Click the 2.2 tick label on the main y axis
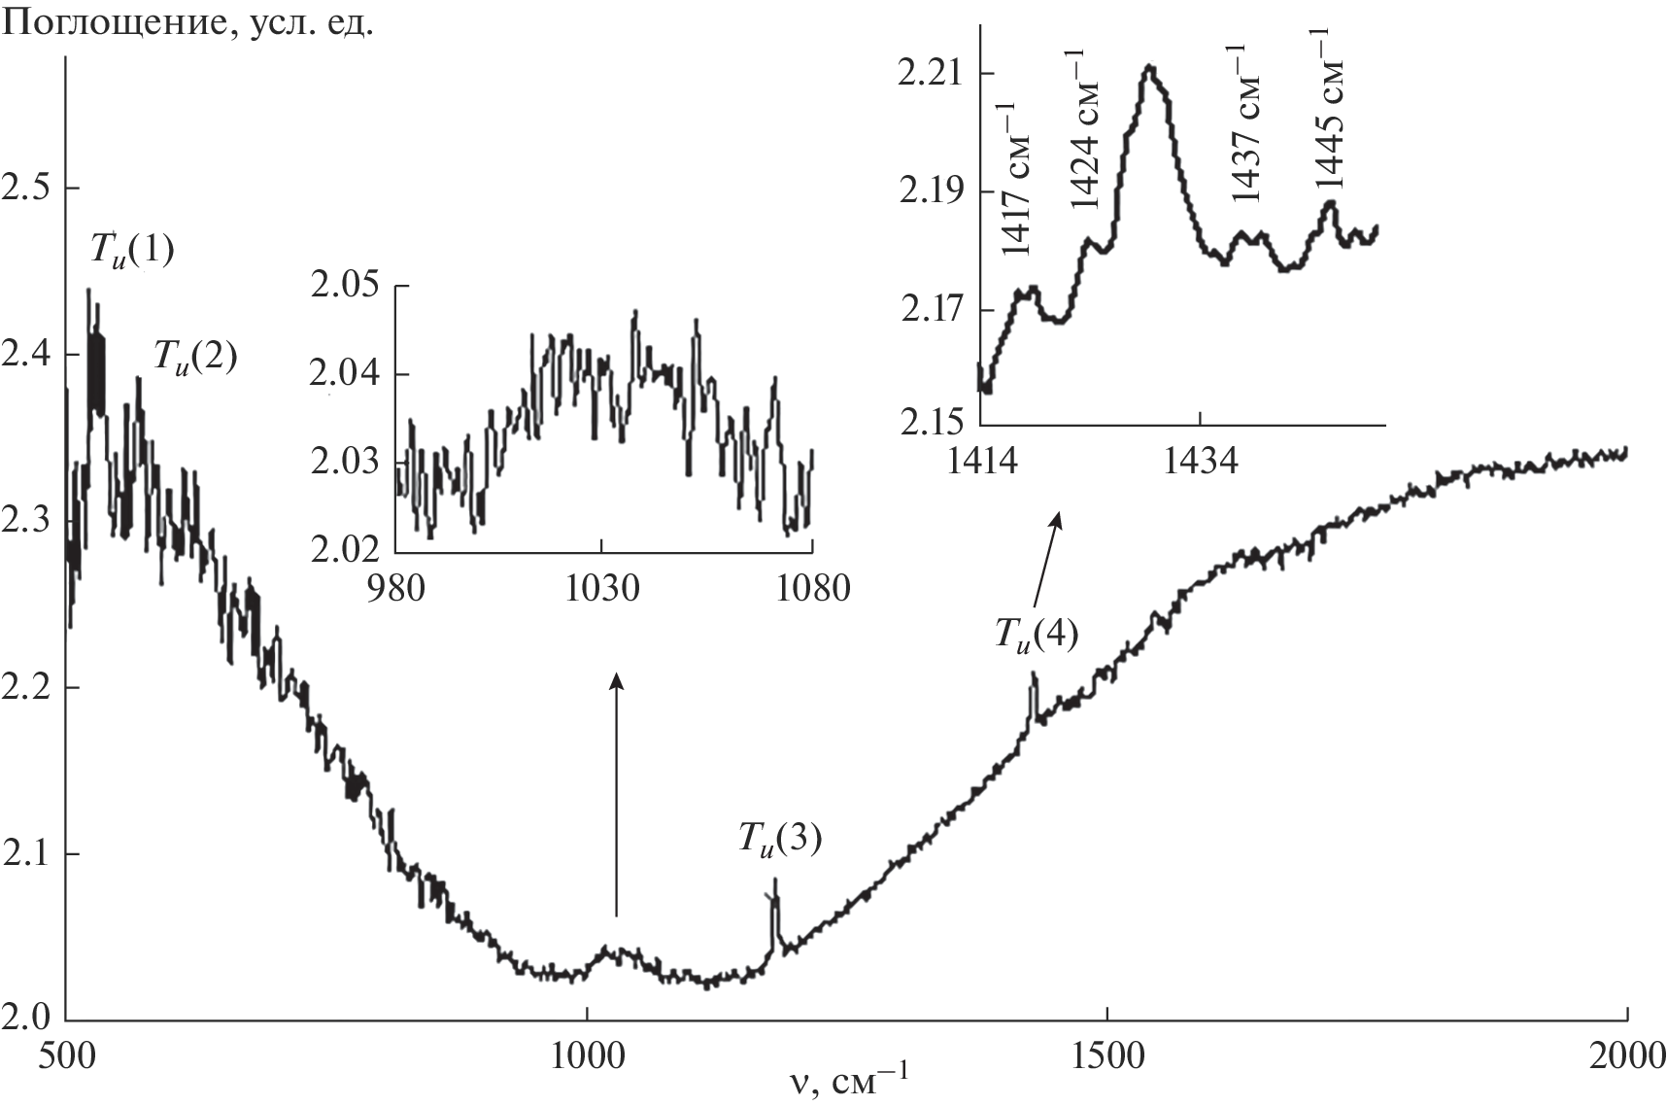27,689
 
